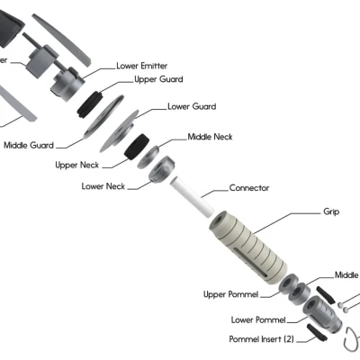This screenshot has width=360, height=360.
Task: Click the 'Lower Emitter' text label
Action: click(141, 66)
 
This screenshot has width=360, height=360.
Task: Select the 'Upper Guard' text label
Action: click(159, 79)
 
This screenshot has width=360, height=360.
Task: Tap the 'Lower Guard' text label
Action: click(191, 106)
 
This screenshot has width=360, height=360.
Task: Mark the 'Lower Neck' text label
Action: click(103, 186)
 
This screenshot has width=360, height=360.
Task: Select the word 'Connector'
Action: click(249, 188)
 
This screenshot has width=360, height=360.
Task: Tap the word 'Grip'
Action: click(331, 212)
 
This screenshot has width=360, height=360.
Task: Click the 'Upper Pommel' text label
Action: click(229, 294)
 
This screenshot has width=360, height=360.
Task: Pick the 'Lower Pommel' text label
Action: click(258, 319)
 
